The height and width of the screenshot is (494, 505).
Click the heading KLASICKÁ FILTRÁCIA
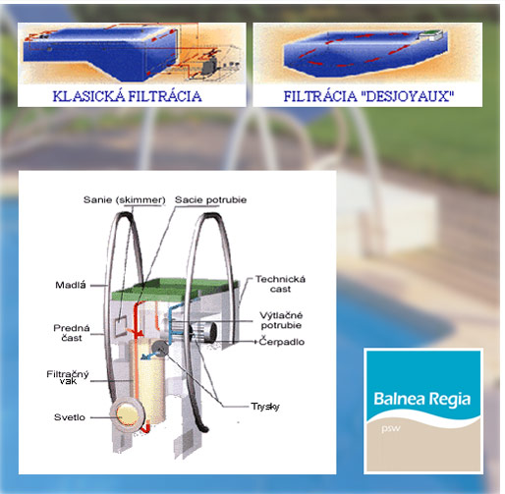127,96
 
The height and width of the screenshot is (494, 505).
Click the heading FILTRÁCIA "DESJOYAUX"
368,96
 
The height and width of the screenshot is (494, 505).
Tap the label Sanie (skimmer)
125,200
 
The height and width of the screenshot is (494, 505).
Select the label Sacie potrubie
210,200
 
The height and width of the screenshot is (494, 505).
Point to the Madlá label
71,285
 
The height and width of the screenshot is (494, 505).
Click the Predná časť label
72,333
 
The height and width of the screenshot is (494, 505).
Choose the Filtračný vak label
68,377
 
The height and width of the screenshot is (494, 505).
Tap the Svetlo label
70,417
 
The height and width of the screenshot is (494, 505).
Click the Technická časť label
280,284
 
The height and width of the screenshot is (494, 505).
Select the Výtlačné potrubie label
281,320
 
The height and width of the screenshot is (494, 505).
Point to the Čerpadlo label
282,342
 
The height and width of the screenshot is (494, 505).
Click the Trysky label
265,407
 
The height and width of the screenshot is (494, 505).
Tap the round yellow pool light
127,414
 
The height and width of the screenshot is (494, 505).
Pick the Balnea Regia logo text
422,399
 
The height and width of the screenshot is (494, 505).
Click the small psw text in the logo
391,428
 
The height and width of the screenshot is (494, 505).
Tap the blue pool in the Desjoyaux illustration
365,54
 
